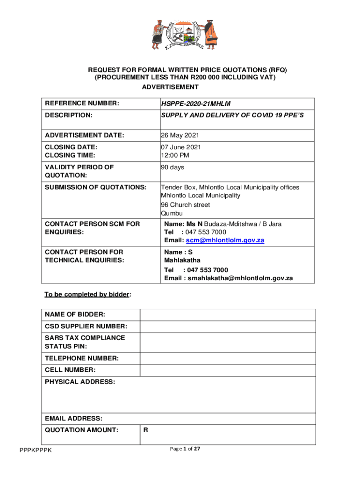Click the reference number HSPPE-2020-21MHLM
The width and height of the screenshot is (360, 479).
click(x=196, y=103)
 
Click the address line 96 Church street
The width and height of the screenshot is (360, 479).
click(x=185, y=205)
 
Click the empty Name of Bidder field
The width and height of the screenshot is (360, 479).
click(x=228, y=315)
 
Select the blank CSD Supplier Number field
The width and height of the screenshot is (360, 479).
click(x=228, y=327)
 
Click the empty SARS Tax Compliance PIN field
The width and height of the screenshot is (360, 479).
click(x=228, y=342)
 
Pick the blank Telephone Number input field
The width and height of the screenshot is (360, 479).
click(x=228, y=359)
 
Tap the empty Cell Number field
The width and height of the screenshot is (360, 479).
click(x=228, y=370)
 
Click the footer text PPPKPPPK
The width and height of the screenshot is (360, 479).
click(x=36, y=450)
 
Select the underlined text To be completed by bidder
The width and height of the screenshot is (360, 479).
click(x=87, y=294)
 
